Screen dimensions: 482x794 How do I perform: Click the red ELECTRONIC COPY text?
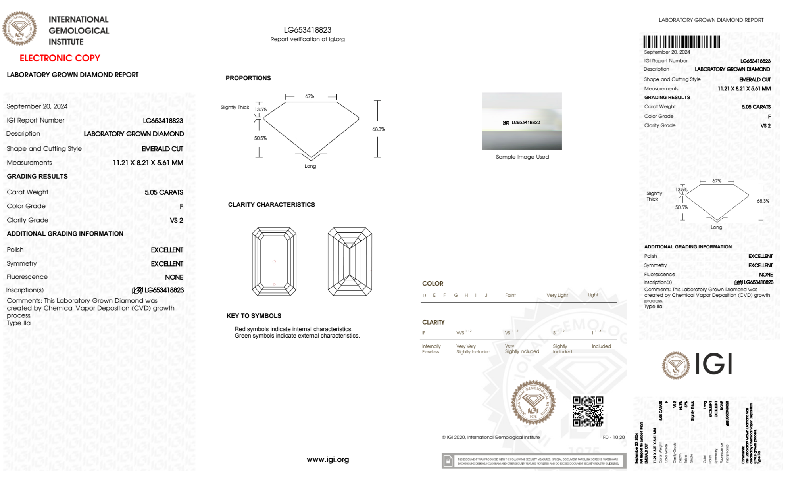pyautogui.click(x=60, y=58)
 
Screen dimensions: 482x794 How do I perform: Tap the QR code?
pyautogui.click(x=588, y=411)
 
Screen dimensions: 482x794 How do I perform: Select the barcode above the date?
pyautogui.click(x=681, y=42)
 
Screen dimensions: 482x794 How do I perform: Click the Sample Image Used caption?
pyautogui.click(x=522, y=157)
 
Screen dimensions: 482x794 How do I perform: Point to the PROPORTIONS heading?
pyautogui.click(x=248, y=78)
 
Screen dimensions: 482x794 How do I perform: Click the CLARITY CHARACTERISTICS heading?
pyautogui.click(x=271, y=205)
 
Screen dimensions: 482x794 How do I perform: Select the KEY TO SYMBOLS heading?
pyautogui.click(x=254, y=316)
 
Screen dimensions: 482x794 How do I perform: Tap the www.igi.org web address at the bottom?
pyautogui.click(x=328, y=459)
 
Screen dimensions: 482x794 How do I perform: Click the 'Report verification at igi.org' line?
pyautogui.click(x=308, y=39)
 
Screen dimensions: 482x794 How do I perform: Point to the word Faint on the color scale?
pyautogui.click(x=510, y=295)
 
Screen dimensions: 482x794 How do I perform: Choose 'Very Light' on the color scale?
pyautogui.click(x=557, y=295)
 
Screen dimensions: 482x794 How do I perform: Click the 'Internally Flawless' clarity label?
pyautogui.click(x=431, y=349)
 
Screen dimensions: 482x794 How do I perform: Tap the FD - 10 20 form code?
pyautogui.click(x=613, y=437)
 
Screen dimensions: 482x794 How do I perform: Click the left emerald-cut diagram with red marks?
pyautogui.click(x=274, y=261)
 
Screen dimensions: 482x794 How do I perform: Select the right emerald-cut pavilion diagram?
pyautogui.click(x=350, y=261)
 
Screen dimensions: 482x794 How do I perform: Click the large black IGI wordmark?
pyautogui.click(x=714, y=364)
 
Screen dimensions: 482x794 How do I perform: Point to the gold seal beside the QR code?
pyautogui.click(x=533, y=403)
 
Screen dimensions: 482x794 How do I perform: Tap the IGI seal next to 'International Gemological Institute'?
pyautogui.click(x=19, y=29)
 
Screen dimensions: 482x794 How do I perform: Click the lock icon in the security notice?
pyautogui.click(x=448, y=461)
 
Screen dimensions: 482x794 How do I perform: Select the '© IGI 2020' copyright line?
pyautogui.click(x=491, y=437)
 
